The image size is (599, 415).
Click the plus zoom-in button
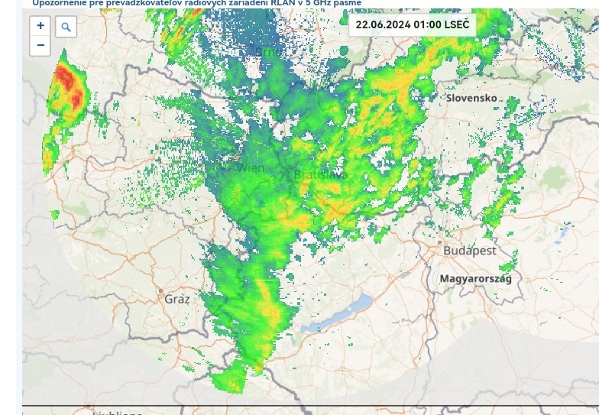[40, 26]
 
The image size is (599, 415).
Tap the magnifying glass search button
[66, 28]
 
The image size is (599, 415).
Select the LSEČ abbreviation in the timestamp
[457, 24]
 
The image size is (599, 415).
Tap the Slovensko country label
[472, 98]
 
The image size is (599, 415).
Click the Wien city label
[250, 167]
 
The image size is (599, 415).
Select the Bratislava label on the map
[320, 175]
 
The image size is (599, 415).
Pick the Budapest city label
[470, 250]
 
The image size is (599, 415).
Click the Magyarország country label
[475, 279]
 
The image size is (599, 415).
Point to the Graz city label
[176, 299]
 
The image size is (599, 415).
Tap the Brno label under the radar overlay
[268, 52]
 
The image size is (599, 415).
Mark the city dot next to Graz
[160, 291]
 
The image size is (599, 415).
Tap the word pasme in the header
[348, 3]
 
